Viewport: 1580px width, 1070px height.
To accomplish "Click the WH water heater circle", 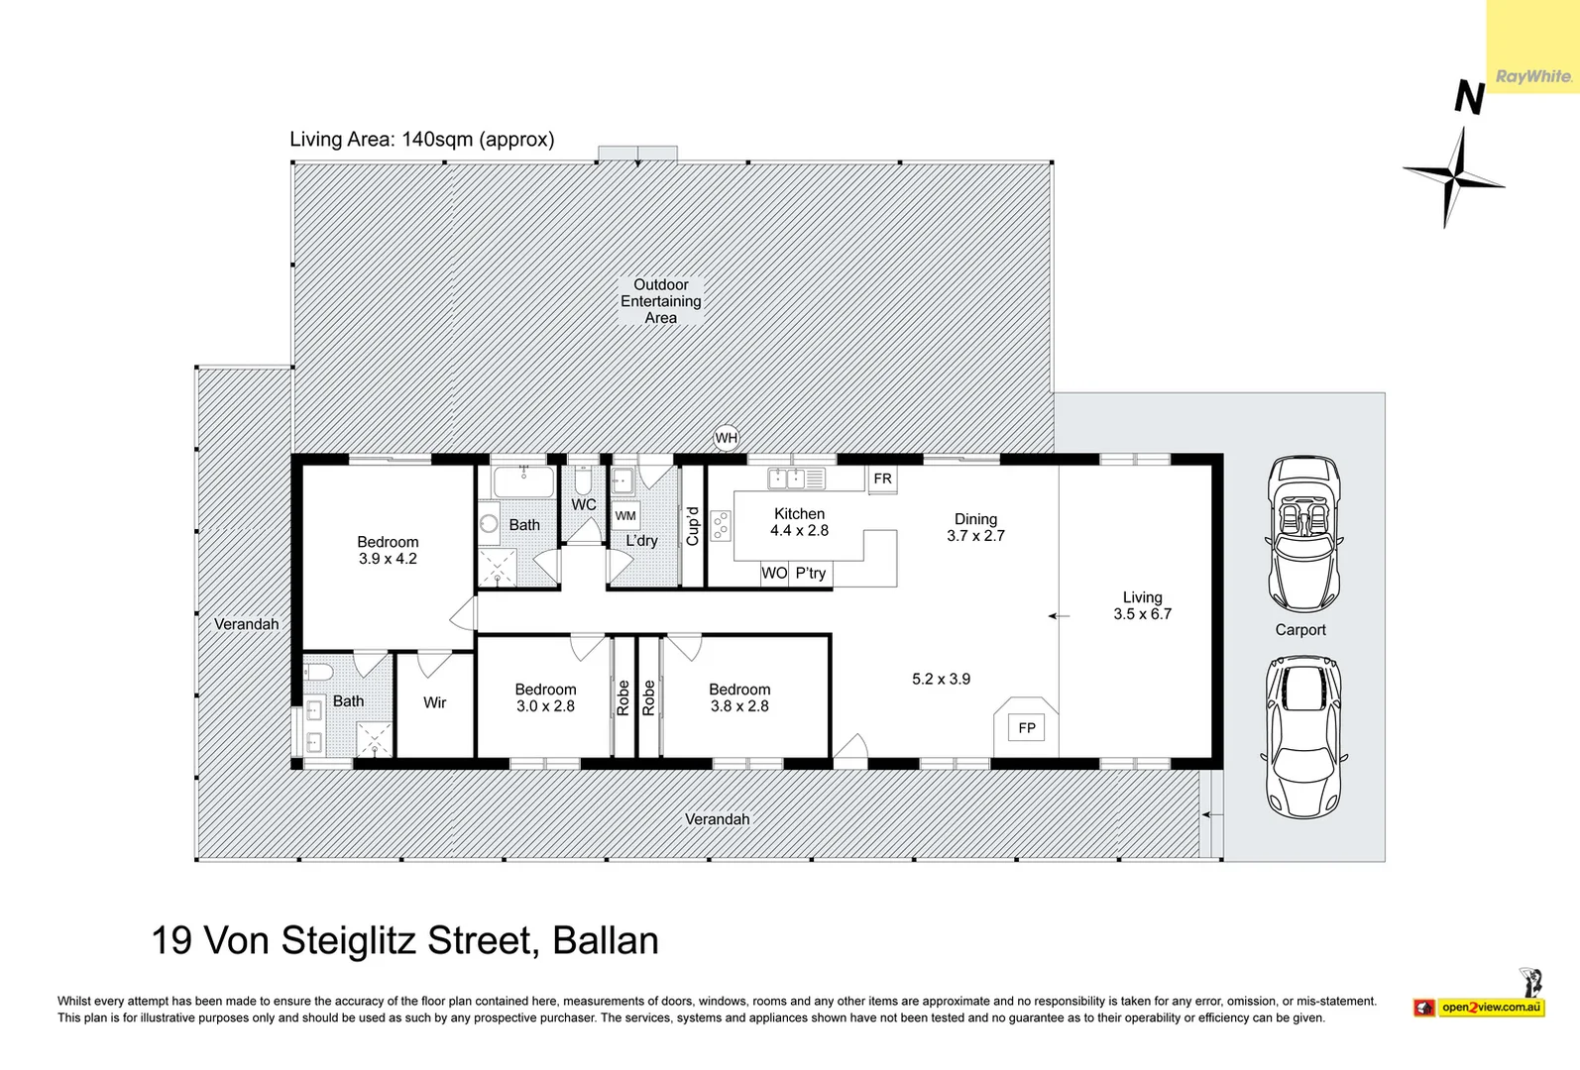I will click(x=727, y=438).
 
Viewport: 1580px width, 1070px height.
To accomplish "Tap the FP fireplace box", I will click(x=1027, y=728).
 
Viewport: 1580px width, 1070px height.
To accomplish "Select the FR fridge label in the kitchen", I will click(x=882, y=479).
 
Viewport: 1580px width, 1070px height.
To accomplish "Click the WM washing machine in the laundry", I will click(x=625, y=515).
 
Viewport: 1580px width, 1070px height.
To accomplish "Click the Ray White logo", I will click(x=1532, y=76).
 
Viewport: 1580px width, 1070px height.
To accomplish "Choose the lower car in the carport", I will click(x=1304, y=737).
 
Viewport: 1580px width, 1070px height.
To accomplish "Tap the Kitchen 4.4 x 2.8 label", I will click(x=799, y=522).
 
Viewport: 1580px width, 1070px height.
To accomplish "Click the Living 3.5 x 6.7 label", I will click(x=1142, y=605).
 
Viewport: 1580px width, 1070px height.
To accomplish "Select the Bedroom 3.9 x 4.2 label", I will click(x=388, y=550).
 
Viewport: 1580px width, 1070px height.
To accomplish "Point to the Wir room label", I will click(x=434, y=702).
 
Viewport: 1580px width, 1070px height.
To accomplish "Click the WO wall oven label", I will click(x=774, y=573).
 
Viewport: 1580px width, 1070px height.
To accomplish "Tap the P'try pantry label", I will click(x=810, y=573).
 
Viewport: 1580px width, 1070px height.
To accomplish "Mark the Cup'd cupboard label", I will click(x=693, y=526).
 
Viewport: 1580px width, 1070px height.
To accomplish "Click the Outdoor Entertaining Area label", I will click(x=661, y=301).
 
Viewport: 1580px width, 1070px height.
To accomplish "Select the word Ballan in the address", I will click(x=605, y=940).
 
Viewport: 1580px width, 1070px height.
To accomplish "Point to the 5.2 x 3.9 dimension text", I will click(x=941, y=679).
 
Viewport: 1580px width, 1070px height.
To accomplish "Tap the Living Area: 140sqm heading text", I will click(x=421, y=140).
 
